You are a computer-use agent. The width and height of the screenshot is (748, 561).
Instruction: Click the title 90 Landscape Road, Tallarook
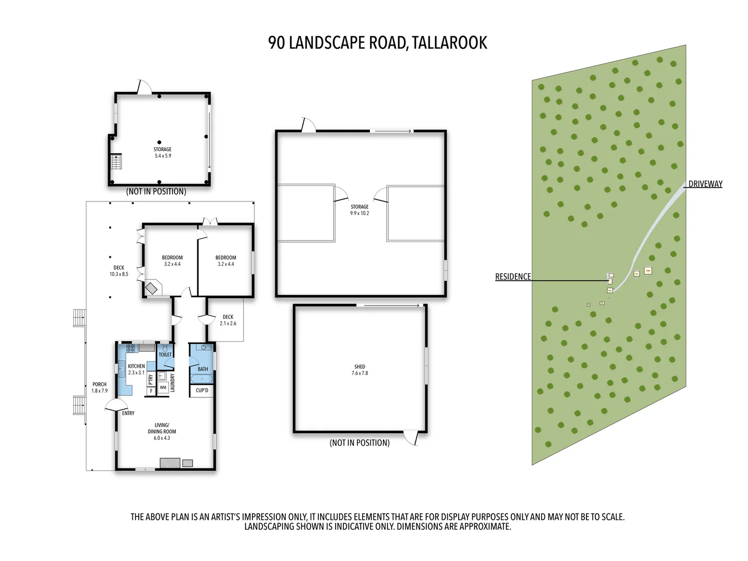coord(378,43)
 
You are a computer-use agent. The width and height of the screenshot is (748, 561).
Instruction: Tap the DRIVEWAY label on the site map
coord(705,184)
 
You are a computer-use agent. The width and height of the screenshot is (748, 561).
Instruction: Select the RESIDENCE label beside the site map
coord(513,277)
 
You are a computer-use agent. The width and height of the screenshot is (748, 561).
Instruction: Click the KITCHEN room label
coord(136,369)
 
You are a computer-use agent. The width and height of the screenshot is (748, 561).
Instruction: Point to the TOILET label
coord(165,355)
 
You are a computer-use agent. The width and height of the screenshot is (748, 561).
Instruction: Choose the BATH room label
coord(203,369)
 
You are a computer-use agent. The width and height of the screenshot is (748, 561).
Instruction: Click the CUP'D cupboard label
coord(202,391)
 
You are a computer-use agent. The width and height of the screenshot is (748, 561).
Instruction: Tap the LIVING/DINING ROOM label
coord(162,431)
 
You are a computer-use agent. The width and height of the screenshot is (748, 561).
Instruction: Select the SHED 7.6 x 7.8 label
coord(359,370)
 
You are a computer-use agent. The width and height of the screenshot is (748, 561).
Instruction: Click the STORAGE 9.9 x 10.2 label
coord(359,210)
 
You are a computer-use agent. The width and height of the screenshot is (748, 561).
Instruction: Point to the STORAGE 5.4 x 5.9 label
coord(163,152)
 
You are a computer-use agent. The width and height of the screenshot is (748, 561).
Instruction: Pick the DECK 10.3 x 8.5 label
coord(119,271)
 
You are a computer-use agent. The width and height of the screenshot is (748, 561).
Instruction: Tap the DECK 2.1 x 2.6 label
coord(228,320)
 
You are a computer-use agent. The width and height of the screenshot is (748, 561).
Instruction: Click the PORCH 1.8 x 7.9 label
coord(100,388)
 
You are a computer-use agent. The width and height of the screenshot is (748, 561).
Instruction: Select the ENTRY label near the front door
coord(128,413)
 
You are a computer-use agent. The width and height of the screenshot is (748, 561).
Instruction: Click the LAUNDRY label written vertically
coord(172,382)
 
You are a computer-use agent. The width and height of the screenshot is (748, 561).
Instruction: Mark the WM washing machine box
coord(163,388)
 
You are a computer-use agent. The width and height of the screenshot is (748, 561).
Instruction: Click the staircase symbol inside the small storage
coord(116,162)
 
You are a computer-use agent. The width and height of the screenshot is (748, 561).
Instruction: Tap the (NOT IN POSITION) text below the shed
coord(359,443)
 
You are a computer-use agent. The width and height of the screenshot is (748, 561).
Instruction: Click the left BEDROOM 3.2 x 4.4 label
coord(172,261)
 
